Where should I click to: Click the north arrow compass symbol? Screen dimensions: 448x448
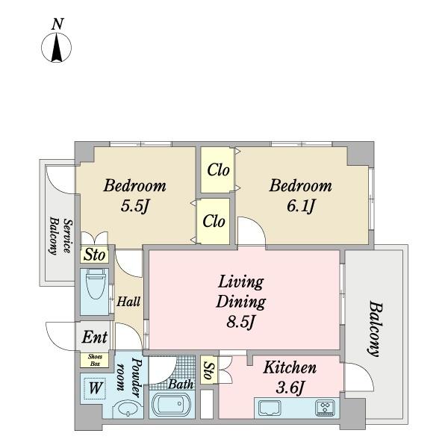point(57,48)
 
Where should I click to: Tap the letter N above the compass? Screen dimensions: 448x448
point(57,24)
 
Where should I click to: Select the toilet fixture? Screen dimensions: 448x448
point(95,284)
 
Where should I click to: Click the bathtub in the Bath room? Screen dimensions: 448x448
point(170,405)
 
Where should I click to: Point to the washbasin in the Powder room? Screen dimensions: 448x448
point(128,409)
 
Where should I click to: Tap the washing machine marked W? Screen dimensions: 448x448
point(95,388)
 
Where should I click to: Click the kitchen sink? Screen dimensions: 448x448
point(270,408)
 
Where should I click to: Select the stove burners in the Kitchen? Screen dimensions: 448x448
point(325,408)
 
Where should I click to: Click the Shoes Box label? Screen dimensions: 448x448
point(95,361)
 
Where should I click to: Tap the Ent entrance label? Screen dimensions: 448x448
point(95,337)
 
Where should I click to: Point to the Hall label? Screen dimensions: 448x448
point(128,302)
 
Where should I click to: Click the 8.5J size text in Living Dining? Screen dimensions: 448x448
point(240,323)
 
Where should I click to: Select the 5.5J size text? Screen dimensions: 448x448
point(135,205)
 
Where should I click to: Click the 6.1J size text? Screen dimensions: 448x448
point(301,206)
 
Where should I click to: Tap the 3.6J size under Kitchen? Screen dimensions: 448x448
point(290,388)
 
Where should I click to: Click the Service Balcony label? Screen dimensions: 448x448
point(60,236)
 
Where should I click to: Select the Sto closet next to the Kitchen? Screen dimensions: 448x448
point(209,370)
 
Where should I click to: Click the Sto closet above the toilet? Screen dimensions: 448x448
point(95,255)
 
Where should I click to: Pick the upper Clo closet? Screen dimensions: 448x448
point(218,170)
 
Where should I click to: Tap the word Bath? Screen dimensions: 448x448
point(181,385)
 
